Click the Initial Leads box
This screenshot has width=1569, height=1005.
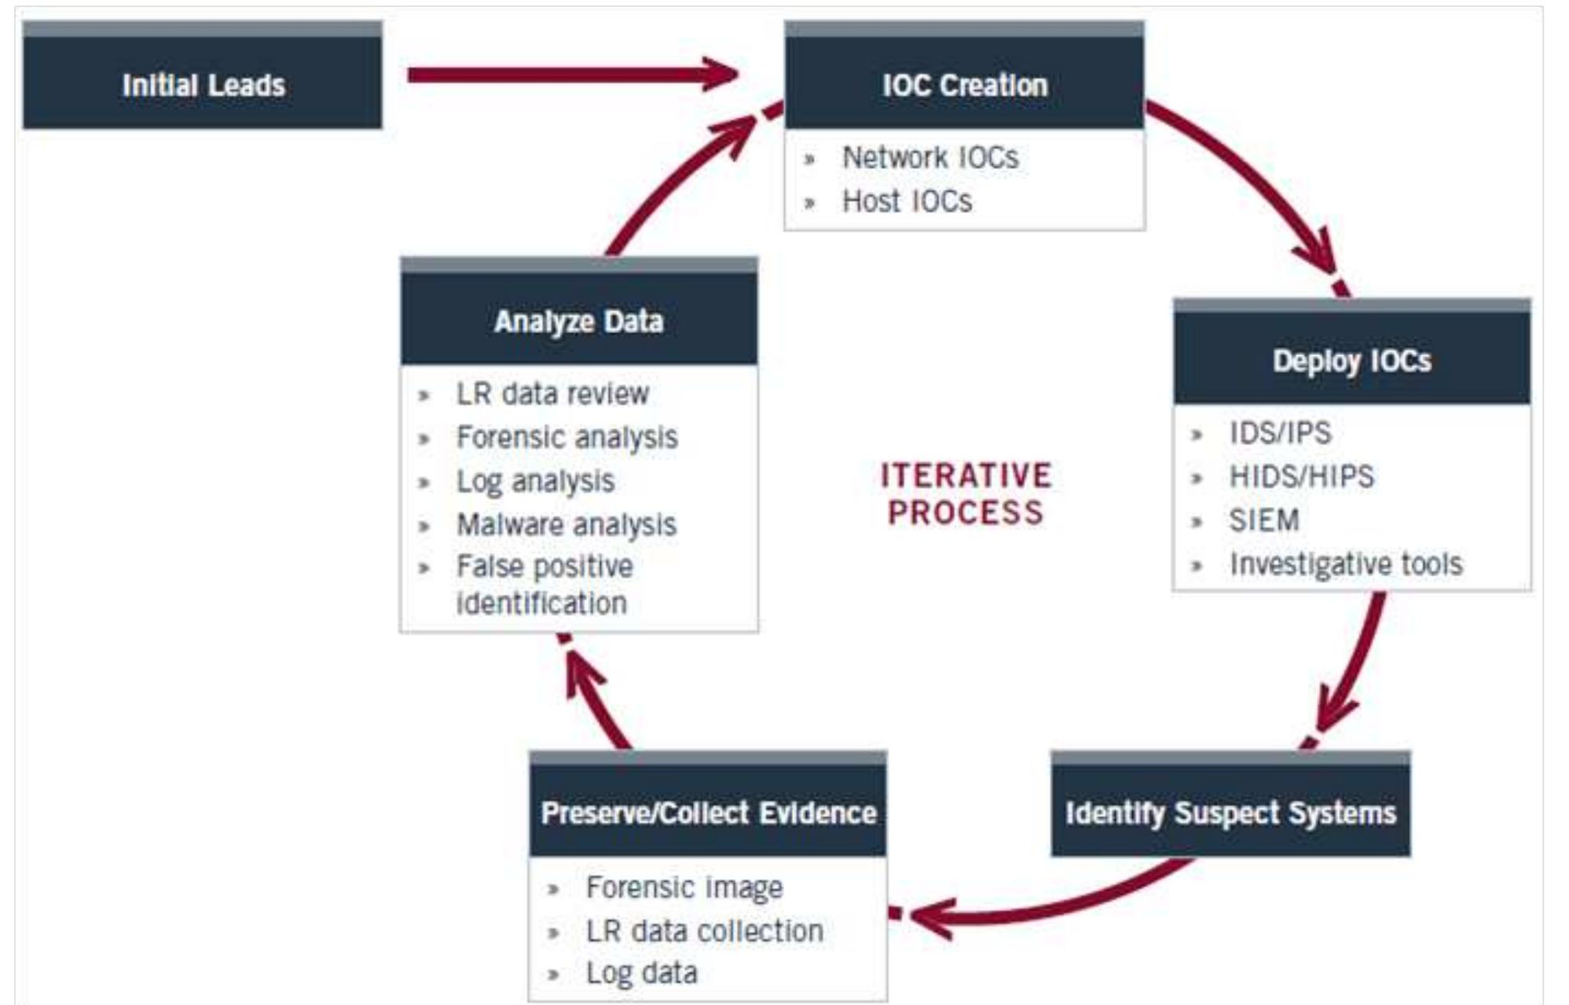pyautogui.click(x=203, y=83)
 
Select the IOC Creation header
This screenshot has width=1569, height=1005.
pyautogui.click(x=964, y=83)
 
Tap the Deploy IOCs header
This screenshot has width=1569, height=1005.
pyautogui.click(x=1351, y=360)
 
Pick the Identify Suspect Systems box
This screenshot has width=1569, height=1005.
pyautogui.click(x=1230, y=811)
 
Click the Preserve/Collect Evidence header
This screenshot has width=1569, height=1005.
pyautogui.click(x=708, y=811)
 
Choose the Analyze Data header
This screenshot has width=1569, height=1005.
pyautogui.click(x=578, y=320)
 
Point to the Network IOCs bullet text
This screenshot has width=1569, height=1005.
pyautogui.click(x=930, y=157)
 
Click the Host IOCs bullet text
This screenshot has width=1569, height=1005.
pyautogui.click(x=907, y=201)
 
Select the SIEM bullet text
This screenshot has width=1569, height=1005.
pyautogui.click(x=1263, y=520)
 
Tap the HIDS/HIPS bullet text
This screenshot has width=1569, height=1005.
pyautogui.click(x=1301, y=476)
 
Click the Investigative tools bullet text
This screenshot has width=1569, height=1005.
pyautogui.click(x=1345, y=564)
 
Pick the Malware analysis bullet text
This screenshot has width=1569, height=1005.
pyautogui.click(x=566, y=524)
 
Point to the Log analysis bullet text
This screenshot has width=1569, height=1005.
pyautogui.click(x=535, y=481)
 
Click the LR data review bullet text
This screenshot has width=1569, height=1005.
pyautogui.click(x=552, y=393)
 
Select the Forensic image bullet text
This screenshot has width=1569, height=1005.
pyautogui.click(x=684, y=887)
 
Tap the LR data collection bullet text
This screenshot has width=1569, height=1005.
pyautogui.click(x=704, y=931)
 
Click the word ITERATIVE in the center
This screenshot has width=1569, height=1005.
pyautogui.click(x=965, y=475)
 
